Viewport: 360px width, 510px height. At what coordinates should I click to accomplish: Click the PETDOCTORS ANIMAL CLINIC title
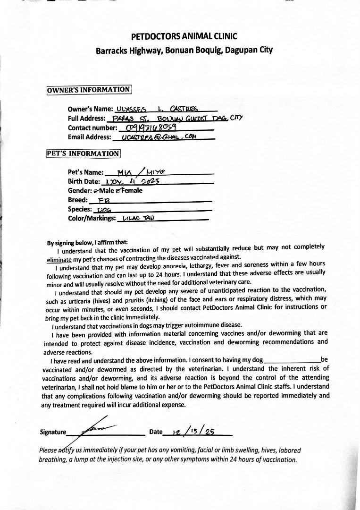coord(184,36)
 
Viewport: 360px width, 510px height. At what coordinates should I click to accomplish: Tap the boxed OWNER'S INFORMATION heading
coord(89,90)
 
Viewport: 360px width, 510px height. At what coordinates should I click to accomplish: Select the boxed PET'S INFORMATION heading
coord(84,153)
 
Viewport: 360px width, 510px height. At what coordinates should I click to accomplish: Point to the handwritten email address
coord(159,137)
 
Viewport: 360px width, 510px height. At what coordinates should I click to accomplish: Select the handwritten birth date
coord(133,181)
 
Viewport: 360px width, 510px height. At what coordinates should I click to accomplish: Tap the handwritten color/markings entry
coord(135,218)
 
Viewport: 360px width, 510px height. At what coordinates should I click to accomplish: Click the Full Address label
coord(87,118)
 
